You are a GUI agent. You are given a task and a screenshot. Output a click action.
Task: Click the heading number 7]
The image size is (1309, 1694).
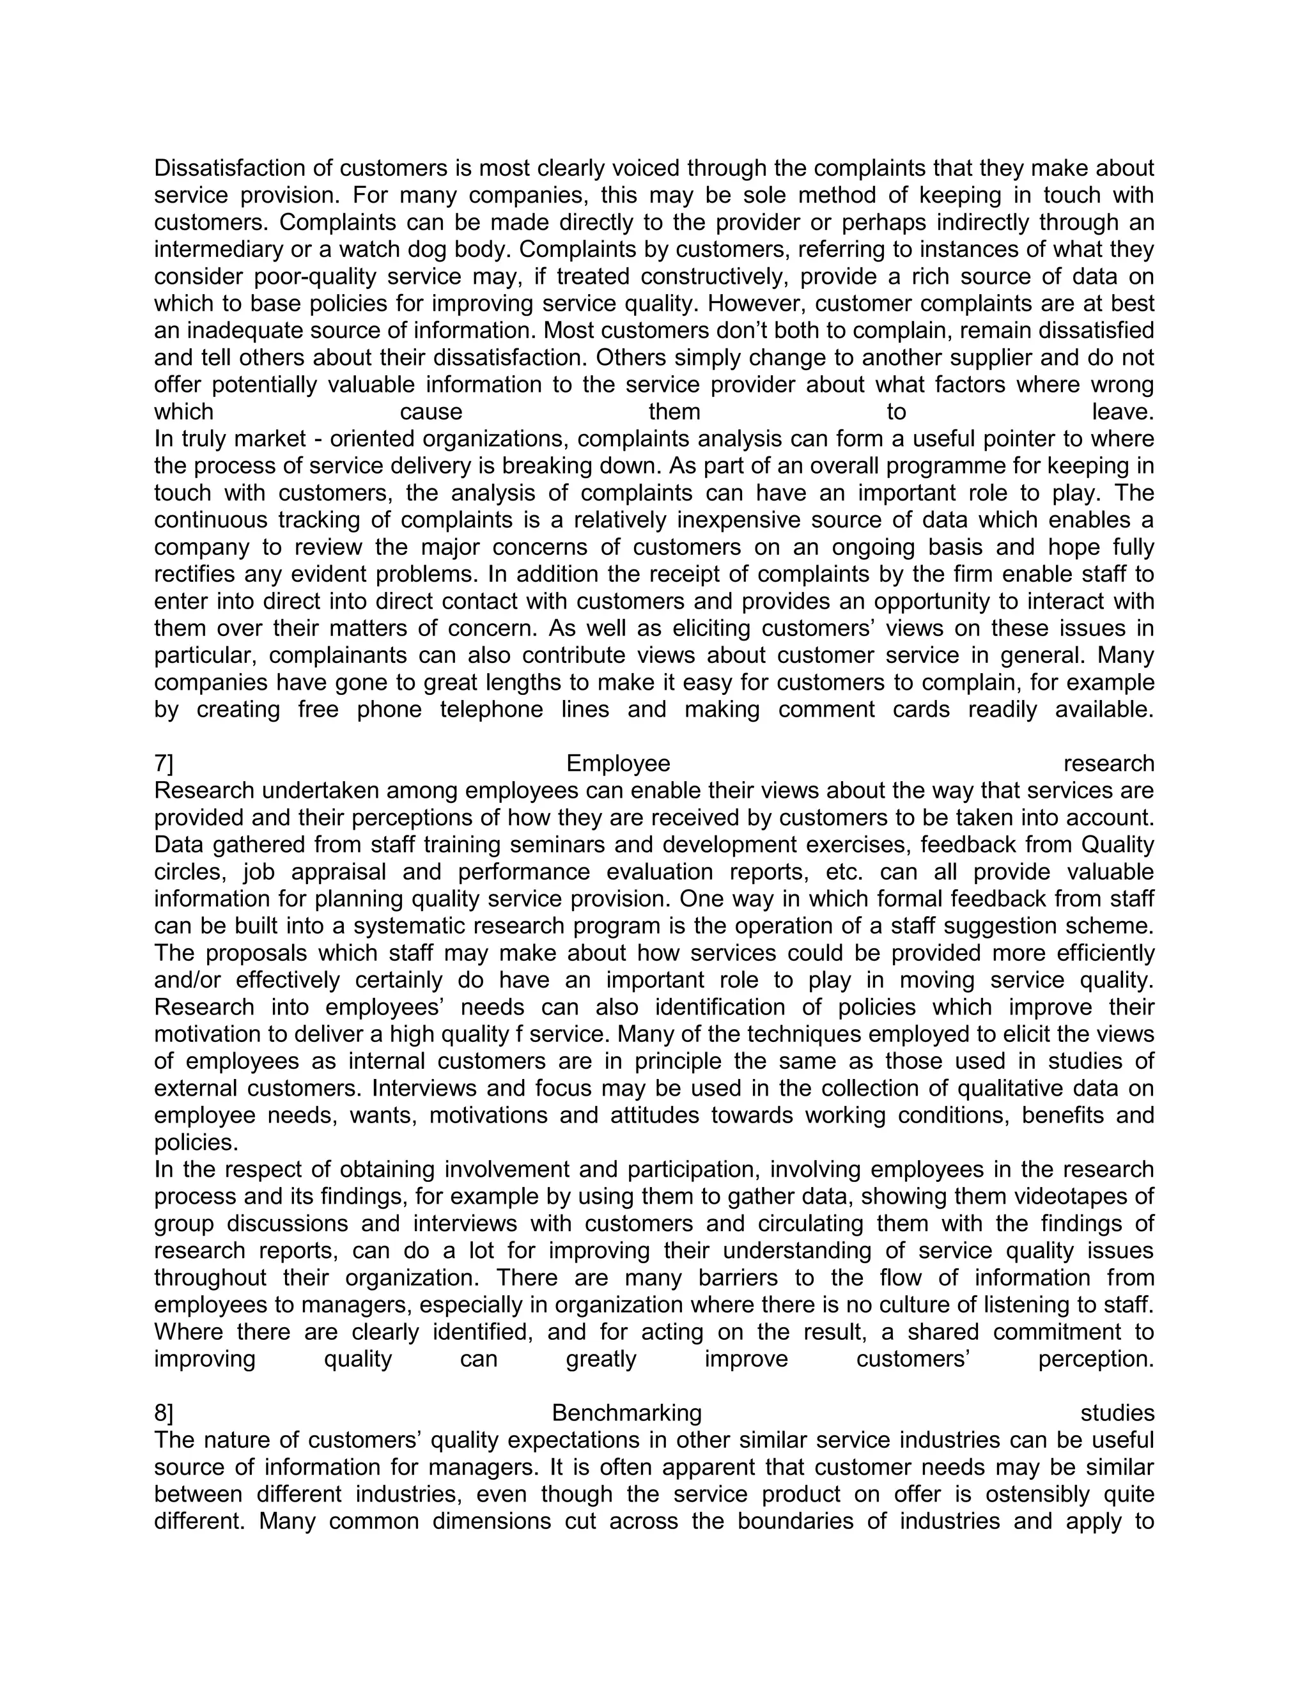point(164,764)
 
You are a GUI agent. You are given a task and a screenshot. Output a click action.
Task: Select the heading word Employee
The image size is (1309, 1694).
point(618,764)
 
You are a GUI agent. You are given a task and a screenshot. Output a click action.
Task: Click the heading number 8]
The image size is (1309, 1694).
point(164,1413)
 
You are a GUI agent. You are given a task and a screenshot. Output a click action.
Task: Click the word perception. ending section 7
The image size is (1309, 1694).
point(1096,1360)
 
